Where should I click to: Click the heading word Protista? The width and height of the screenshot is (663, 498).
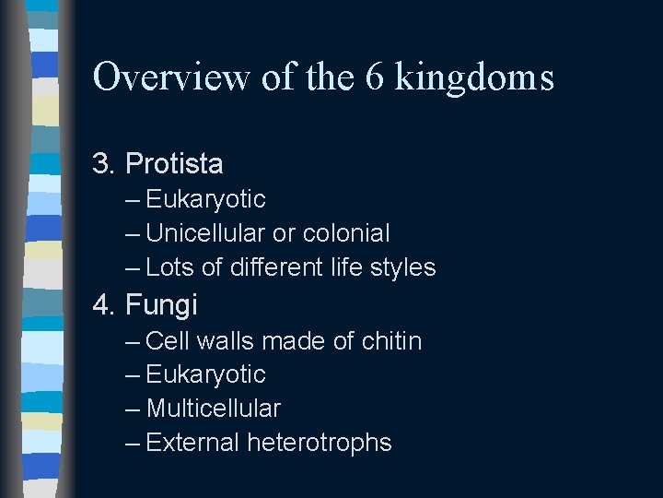(x=174, y=164)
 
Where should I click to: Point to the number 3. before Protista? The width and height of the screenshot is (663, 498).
(x=104, y=164)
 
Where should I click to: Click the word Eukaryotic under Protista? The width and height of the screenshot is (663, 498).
(x=205, y=200)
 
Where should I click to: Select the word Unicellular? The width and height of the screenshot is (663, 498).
(x=204, y=233)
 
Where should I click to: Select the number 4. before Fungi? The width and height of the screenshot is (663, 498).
(x=104, y=303)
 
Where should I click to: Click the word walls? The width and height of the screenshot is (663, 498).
(x=225, y=341)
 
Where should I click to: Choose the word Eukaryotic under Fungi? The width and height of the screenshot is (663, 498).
(x=205, y=374)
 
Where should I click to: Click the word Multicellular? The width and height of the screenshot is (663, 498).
(x=213, y=408)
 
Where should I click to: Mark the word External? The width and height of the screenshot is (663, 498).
(x=192, y=443)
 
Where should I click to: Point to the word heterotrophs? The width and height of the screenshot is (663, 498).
(x=319, y=443)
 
